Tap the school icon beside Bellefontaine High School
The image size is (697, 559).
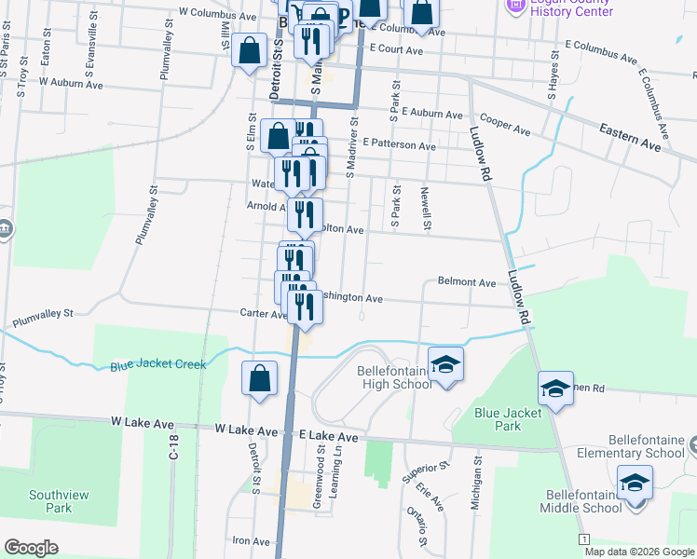(446, 364)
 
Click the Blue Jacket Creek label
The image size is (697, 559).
(157, 364)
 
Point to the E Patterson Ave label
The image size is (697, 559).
(400, 145)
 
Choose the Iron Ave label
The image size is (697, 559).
(251, 540)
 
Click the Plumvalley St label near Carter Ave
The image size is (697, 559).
(42, 320)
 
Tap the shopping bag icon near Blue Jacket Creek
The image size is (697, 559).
(260, 378)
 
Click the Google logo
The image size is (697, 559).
(32, 547)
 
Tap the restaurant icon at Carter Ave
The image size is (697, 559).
(305, 307)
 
